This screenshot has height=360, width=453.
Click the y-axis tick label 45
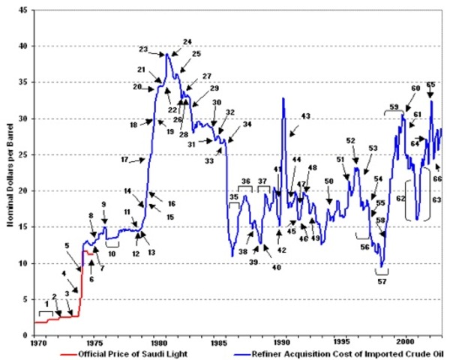[x=24, y=10]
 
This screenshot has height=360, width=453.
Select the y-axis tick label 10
[x=24, y=263]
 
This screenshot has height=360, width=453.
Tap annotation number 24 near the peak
[x=187, y=41]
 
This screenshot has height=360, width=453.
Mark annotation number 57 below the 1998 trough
[x=382, y=282]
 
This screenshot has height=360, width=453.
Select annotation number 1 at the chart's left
[x=46, y=304]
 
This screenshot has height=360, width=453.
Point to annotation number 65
[x=430, y=85]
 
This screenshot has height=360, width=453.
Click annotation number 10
[x=112, y=253]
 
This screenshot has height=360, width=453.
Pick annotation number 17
[x=124, y=160]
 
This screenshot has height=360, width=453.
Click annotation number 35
[x=234, y=197]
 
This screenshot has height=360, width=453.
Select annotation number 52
[x=350, y=141]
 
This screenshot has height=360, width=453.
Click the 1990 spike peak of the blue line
[x=283, y=98]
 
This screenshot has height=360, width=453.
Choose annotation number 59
[x=394, y=107]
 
